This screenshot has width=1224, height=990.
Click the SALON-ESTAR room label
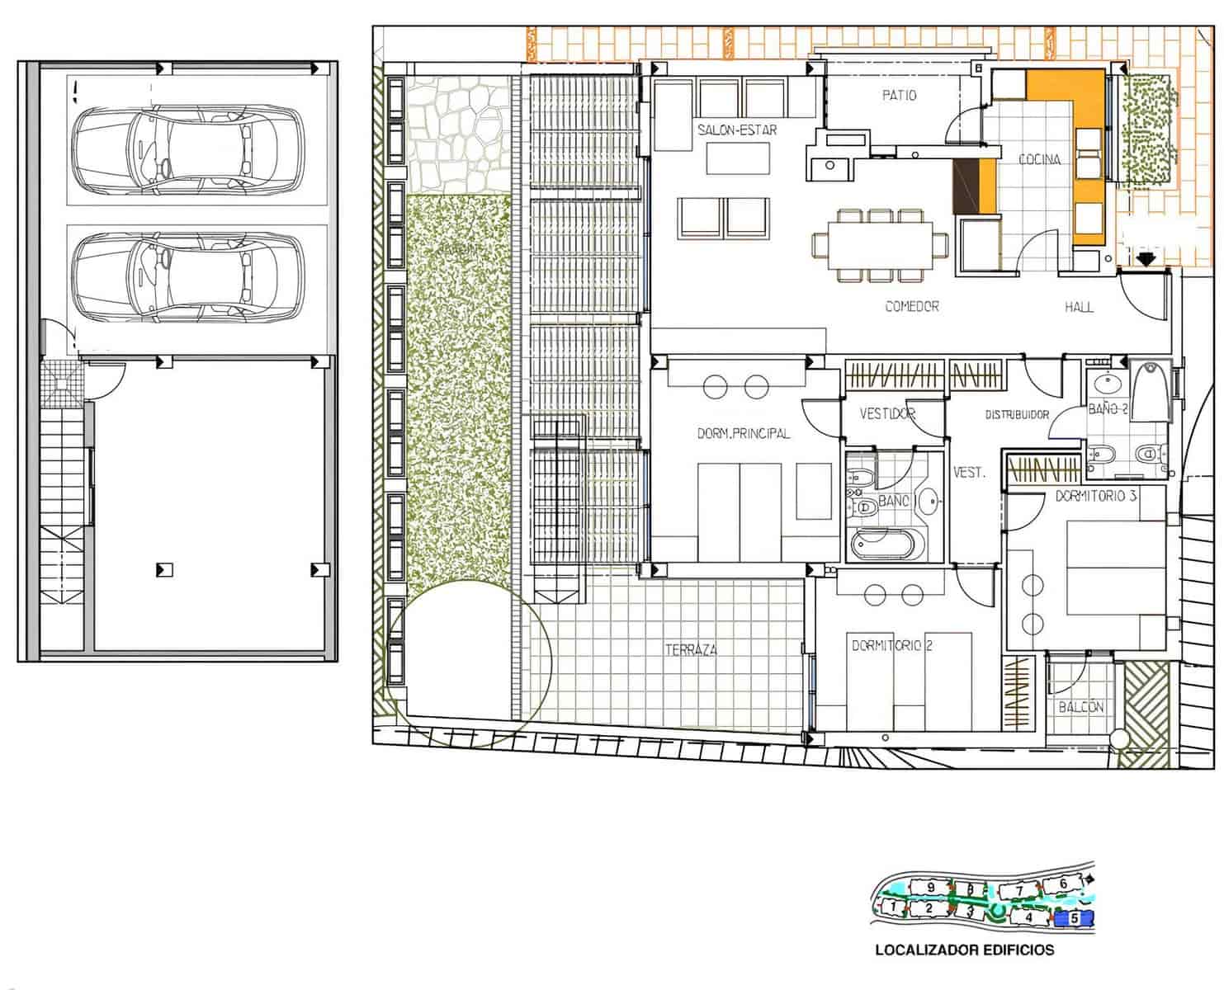click(736, 130)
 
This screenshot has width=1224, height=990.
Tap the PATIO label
click(899, 96)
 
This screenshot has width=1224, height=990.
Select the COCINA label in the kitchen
click(1039, 159)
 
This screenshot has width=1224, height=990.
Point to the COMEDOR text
click(911, 306)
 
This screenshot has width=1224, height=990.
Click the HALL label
click(1079, 307)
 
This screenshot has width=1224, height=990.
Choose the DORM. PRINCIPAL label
click(743, 433)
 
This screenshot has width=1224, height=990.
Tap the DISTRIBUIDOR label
click(1017, 415)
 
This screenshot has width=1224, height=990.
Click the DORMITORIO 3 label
click(1096, 496)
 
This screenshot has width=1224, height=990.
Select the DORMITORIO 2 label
click(891, 645)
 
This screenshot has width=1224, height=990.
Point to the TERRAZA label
click(691, 650)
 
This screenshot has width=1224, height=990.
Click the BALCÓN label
click(1080, 707)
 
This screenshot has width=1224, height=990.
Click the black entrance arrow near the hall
click(1145, 259)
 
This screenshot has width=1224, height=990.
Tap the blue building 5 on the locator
click(1074, 917)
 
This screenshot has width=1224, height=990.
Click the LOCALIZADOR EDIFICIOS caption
click(964, 950)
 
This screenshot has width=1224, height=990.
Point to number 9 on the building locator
click(931, 887)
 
